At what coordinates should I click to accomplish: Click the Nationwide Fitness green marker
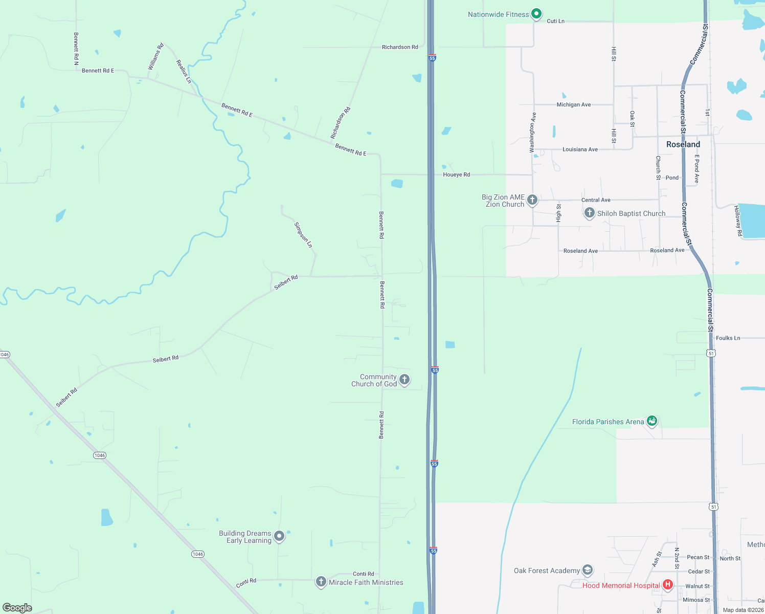(536, 14)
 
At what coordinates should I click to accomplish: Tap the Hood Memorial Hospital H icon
(667, 584)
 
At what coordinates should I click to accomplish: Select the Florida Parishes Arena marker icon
(651, 421)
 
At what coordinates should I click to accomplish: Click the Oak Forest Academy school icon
(588, 570)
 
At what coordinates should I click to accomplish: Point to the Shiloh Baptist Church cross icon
(589, 213)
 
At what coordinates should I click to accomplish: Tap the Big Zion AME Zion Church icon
(532, 200)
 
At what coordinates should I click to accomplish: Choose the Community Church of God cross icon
(404, 379)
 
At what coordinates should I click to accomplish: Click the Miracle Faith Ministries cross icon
(321, 581)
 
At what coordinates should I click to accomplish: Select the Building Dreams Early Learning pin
(279, 536)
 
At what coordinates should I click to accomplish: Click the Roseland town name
(683, 144)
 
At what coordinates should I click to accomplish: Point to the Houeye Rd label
(456, 174)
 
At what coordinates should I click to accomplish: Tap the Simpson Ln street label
(303, 234)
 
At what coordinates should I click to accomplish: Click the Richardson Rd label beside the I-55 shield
(400, 47)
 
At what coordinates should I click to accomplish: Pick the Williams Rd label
(155, 56)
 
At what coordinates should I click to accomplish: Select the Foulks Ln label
(728, 338)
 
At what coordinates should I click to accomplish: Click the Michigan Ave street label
(573, 104)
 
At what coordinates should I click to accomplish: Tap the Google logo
(17, 608)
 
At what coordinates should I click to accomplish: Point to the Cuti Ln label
(555, 21)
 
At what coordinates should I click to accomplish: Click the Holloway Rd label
(738, 221)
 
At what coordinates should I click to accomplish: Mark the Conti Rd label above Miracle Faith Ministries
(363, 574)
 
